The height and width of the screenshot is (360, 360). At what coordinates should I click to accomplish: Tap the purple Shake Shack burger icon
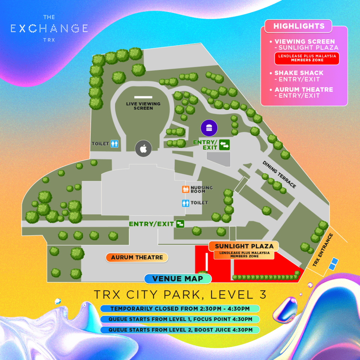tap(209, 127)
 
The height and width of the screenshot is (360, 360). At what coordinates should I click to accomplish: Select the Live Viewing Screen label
tap(143, 106)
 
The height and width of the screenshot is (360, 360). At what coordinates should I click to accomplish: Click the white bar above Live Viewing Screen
tap(143, 97)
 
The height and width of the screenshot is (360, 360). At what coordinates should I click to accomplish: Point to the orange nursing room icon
tap(186, 189)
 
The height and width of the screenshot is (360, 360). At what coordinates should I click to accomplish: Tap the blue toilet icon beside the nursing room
tap(186, 203)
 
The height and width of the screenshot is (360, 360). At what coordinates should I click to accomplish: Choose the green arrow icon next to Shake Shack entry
tap(224, 144)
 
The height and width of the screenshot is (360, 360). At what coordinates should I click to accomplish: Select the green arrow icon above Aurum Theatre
tap(180, 224)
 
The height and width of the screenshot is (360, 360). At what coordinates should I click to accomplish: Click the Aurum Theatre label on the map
tap(137, 257)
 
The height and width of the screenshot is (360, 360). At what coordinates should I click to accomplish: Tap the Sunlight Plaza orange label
tap(241, 246)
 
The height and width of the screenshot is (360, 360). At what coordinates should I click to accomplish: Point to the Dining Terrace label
tap(279, 174)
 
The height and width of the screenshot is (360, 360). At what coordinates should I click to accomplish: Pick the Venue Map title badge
tap(178, 279)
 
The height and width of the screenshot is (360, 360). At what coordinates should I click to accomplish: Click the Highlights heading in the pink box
tap(299, 26)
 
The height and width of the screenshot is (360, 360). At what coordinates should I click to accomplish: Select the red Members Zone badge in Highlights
tap(307, 58)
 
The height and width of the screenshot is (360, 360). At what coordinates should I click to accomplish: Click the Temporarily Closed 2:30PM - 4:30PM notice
tap(180, 309)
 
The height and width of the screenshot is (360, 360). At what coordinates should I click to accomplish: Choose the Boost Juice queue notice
tap(180, 330)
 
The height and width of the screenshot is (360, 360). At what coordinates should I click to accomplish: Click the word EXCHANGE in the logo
tap(49, 28)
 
